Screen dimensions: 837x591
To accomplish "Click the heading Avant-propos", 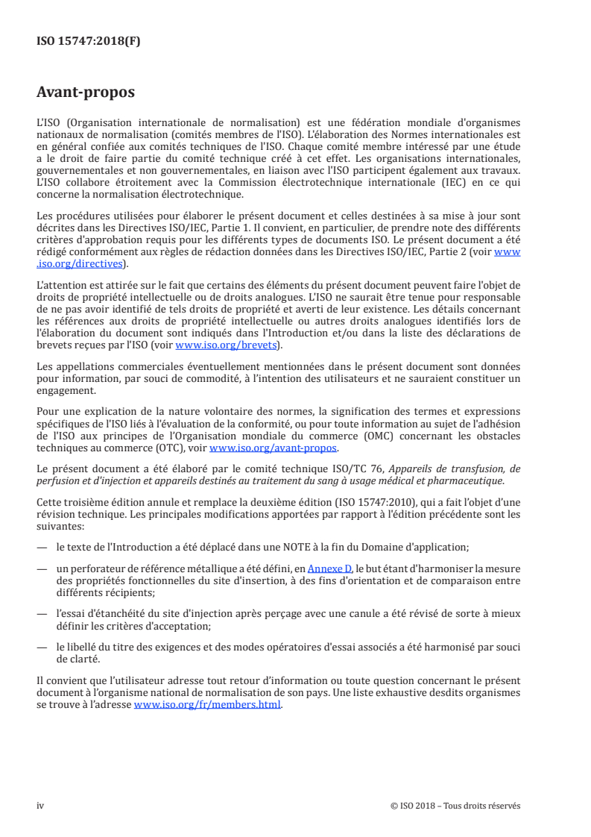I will tap(85, 93).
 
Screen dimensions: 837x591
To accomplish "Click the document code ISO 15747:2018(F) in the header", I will tap(89, 42).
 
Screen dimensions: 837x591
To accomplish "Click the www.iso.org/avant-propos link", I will tap(274, 448).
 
